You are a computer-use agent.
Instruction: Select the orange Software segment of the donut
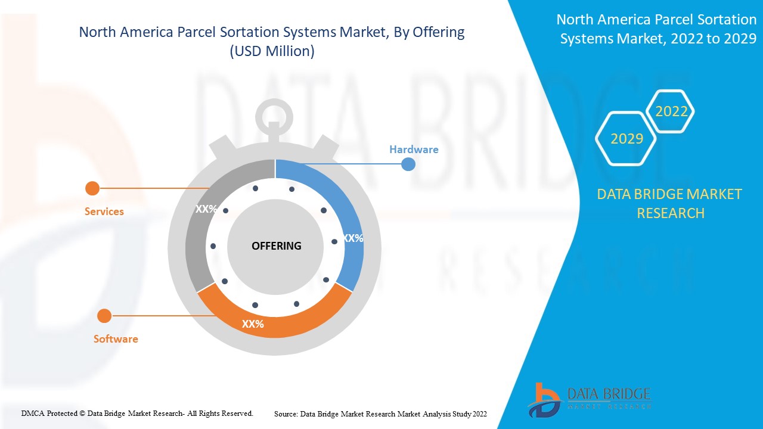click(280, 325)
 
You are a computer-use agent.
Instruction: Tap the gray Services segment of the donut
click(200, 238)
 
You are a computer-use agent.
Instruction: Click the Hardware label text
click(414, 150)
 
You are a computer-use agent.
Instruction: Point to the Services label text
click(104, 212)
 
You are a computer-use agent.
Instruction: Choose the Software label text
click(116, 339)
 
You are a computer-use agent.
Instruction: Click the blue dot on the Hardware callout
click(408, 164)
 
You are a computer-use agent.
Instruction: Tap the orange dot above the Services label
click(92, 188)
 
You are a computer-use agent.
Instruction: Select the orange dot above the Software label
click(104, 316)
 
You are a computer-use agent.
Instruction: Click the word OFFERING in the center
click(276, 246)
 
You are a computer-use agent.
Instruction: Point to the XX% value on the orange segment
click(253, 324)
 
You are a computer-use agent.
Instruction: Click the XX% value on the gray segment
click(206, 209)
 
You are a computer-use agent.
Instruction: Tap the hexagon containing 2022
click(671, 111)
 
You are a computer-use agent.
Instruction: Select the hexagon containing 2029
click(626, 138)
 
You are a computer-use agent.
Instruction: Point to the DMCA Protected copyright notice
click(137, 413)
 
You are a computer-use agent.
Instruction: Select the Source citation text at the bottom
click(380, 414)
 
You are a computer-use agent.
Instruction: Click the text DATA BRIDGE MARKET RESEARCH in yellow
click(670, 203)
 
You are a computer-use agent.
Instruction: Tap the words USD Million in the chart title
click(272, 51)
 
